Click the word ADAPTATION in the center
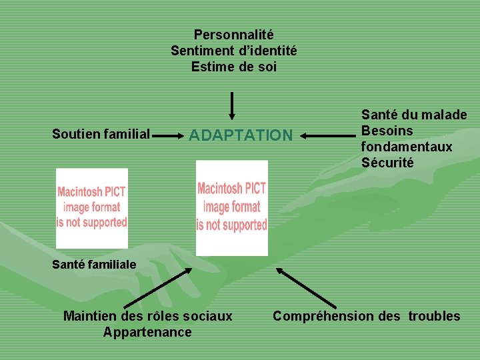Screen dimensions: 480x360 pos(241,135)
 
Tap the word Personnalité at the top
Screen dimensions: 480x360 pos(233,33)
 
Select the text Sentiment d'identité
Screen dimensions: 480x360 pos(233,50)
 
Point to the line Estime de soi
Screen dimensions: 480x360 pos(233,67)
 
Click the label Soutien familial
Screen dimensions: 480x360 pos(101,134)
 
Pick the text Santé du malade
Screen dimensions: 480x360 pos(413,115)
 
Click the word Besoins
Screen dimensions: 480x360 pos(387,131)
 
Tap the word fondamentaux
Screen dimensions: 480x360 pos(406,146)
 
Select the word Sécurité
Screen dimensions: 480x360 pos(387,162)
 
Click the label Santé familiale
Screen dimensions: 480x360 pos(94,264)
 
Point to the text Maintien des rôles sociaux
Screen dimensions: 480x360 pos(147,315)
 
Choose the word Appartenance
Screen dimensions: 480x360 pos(147,332)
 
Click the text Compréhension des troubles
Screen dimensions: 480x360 pos(366,315)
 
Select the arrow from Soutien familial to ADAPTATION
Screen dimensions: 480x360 pos(170,135)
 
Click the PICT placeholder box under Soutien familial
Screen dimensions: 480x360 pos(91,207)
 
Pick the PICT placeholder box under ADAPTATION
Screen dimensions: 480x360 pos(231,207)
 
